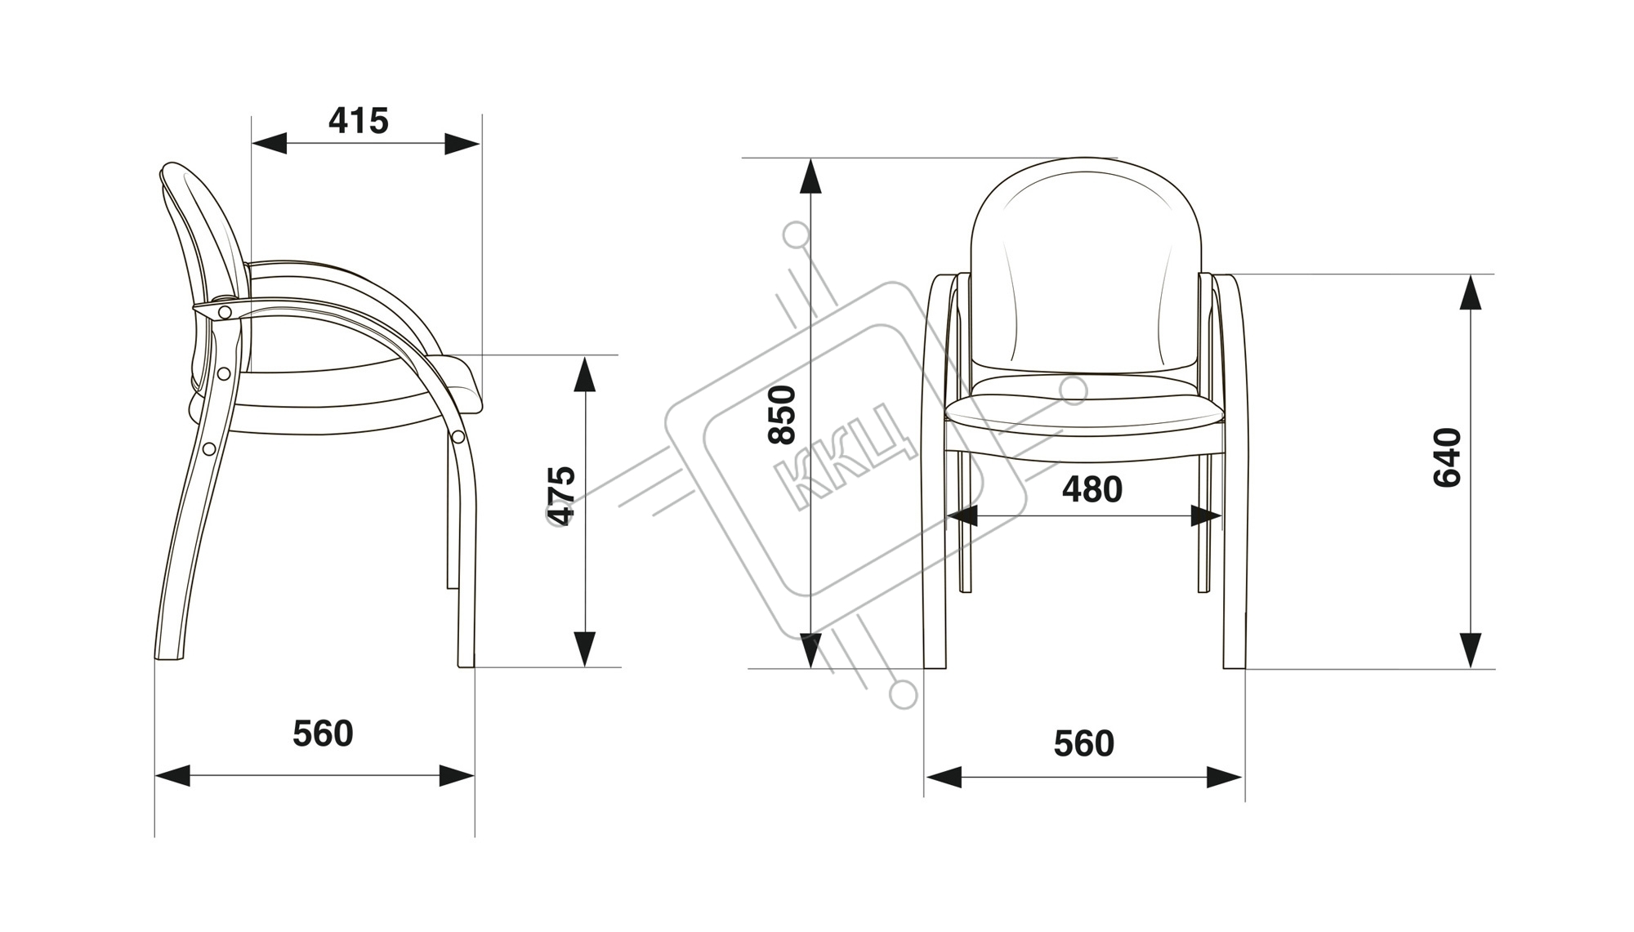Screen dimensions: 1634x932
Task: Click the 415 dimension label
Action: [359, 121]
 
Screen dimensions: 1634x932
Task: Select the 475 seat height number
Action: [562, 495]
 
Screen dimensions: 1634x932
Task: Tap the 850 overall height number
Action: [783, 414]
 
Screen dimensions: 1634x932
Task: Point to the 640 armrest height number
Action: [1448, 457]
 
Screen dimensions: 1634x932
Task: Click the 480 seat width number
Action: [1092, 489]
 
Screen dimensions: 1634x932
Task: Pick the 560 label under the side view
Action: [323, 734]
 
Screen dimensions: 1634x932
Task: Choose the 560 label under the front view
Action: [1083, 743]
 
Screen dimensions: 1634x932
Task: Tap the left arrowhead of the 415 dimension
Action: [269, 144]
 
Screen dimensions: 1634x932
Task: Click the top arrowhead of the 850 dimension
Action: [810, 176]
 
